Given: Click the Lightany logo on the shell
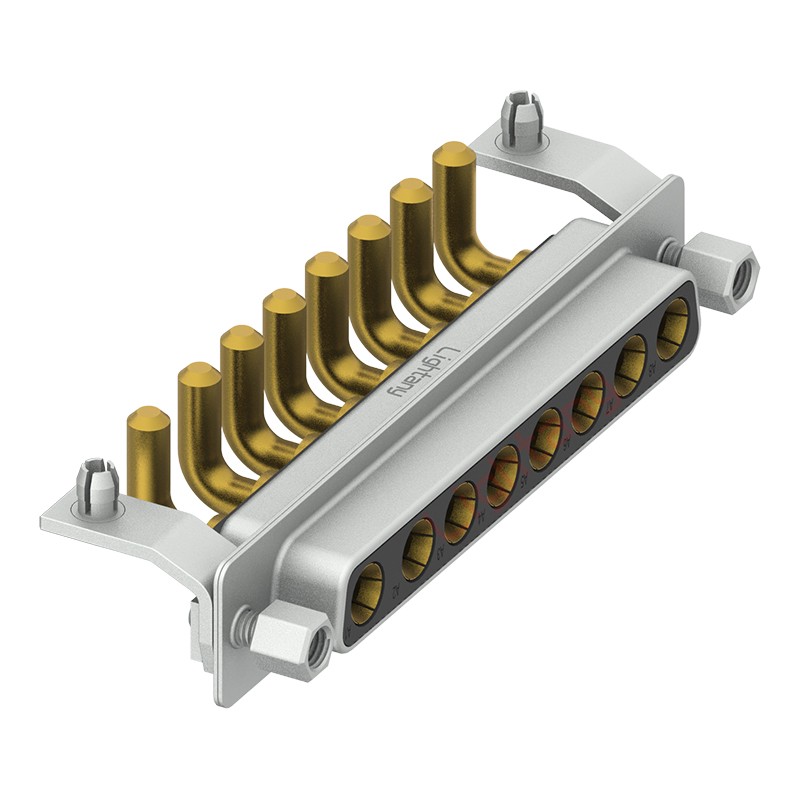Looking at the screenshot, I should click(423, 372).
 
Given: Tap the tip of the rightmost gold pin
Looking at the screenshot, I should click(453, 156).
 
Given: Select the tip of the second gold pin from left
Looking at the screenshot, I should click(198, 377).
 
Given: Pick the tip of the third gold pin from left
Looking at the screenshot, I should click(241, 339).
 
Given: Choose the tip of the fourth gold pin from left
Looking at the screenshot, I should click(284, 302).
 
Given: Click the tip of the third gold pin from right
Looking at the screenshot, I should click(368, 229).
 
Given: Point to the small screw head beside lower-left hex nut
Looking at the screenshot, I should click(240, 627).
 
